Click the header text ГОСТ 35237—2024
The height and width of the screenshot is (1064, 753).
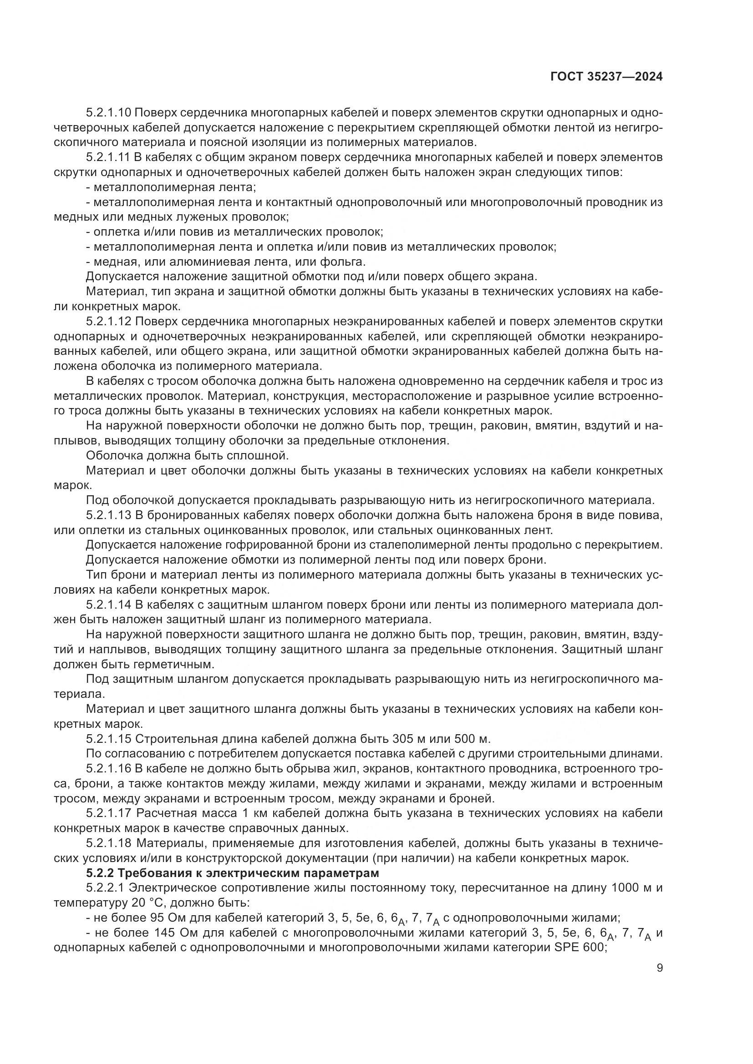pos(606,77)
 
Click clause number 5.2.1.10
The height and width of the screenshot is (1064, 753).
pos(109,113)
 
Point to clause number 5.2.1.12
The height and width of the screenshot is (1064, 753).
pos(109,322)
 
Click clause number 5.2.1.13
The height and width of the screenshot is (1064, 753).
pos(109,515)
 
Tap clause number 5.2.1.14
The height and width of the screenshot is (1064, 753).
pos(109,605)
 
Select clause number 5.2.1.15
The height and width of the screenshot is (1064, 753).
pos(109,739)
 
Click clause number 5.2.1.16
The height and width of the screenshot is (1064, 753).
pos(109,769)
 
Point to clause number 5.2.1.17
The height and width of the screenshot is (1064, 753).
pos(109,814)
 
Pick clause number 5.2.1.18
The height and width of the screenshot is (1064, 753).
pos(109,843)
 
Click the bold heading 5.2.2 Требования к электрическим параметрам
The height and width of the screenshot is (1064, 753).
pos(233,873)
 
